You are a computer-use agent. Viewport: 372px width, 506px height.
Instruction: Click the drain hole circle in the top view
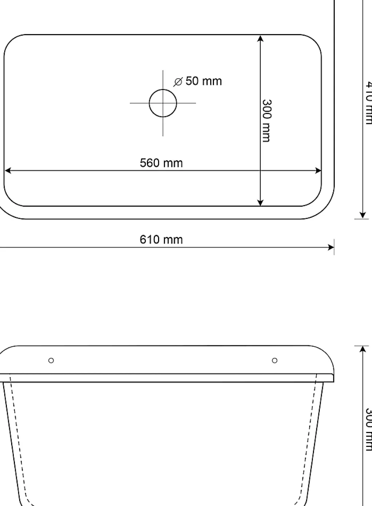(163, 103)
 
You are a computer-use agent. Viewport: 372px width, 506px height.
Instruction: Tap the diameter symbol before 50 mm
(178, 82)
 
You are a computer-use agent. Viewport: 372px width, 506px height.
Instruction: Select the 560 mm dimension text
(161, 163)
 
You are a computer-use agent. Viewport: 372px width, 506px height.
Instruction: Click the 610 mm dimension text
(161, 240)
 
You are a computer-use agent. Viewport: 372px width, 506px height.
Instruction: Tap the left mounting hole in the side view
(51, 360)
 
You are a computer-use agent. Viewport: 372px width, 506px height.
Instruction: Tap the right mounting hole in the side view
(275, 360)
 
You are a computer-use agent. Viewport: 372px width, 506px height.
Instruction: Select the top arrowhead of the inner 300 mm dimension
(260, 38)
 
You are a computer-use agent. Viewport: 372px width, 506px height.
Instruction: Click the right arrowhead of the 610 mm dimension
(331, 247)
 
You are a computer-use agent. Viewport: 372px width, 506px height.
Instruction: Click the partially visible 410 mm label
(367, 102)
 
